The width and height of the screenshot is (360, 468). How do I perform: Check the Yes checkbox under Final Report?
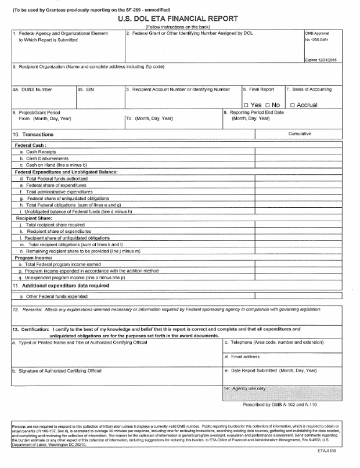coord(246,105)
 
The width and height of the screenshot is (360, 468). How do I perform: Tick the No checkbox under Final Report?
coord(268,105)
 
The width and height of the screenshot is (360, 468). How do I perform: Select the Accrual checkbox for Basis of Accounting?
coord(293,105)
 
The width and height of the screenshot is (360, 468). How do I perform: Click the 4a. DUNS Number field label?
coord(33,89)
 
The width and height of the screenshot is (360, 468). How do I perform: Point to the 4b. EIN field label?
coord(85,89)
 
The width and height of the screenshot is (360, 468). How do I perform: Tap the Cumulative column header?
coord(300,134)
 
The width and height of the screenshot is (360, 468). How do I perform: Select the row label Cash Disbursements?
coord(44,158)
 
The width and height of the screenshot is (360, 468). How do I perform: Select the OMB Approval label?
coord(316,34)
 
